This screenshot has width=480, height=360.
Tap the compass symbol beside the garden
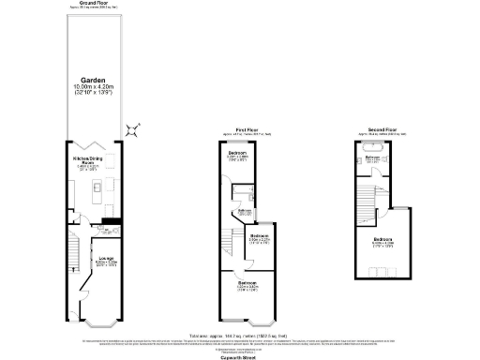point(134,128)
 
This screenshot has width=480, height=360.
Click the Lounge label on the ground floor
point(106,260)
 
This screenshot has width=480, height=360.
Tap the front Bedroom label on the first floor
point(247,282)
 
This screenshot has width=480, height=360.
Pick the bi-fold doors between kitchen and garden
point(91,144)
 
